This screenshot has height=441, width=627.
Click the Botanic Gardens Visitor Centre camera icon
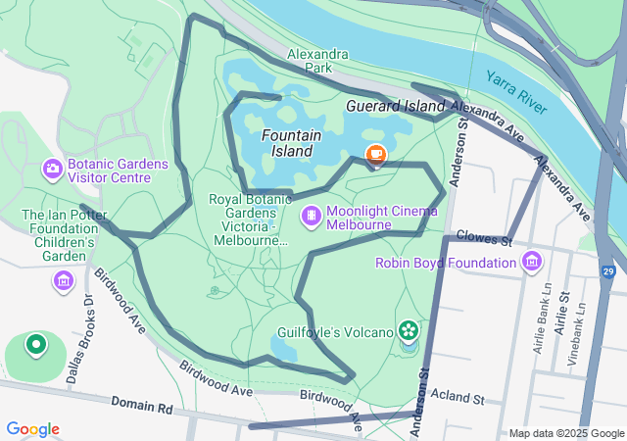pos(52,170)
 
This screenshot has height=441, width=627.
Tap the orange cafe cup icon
pos(375,154)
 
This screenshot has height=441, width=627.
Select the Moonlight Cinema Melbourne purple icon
pos(311,215)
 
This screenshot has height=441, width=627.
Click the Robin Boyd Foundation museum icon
pos(532,262)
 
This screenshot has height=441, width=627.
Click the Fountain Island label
pos(287,143)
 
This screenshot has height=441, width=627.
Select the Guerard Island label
pos(397,105)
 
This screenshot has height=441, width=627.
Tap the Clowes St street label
pos(485,240)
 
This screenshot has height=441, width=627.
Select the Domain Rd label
pos(141,403)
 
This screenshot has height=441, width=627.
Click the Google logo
pos(32,429)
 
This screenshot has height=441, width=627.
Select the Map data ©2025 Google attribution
pos(565,433)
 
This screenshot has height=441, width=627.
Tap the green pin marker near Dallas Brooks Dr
pos(36,344)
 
